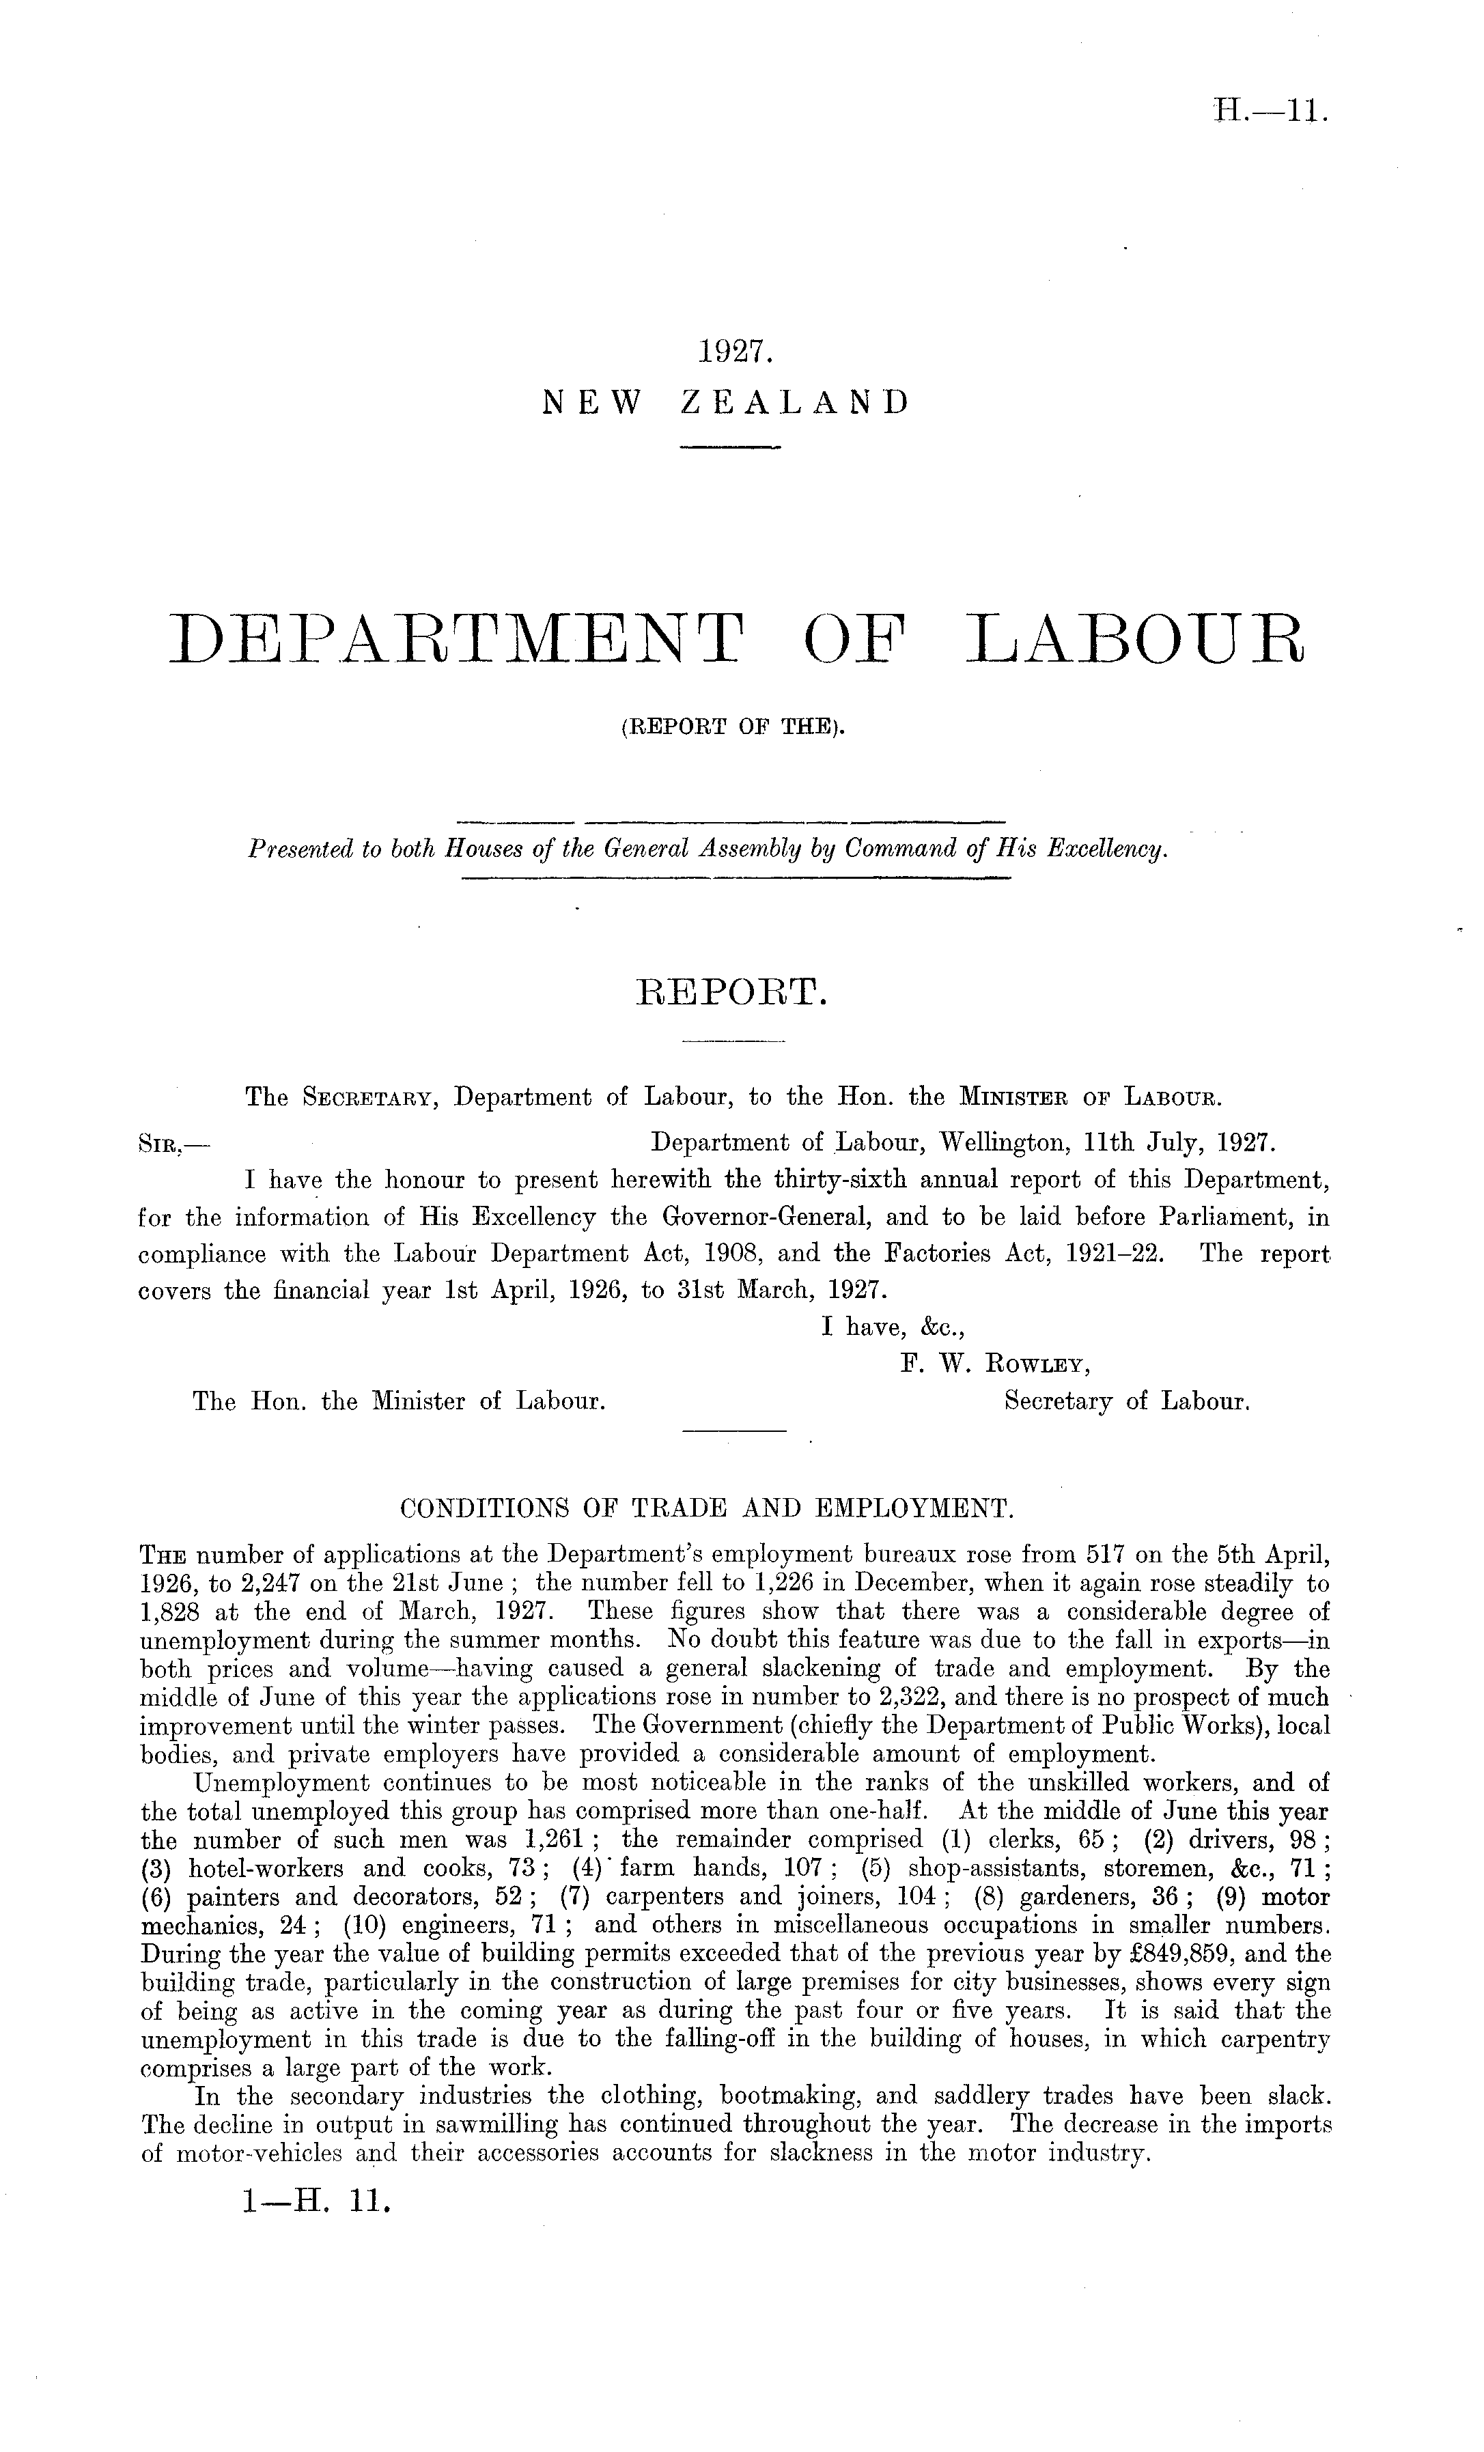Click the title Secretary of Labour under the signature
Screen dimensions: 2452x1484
[1127, 1401]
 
